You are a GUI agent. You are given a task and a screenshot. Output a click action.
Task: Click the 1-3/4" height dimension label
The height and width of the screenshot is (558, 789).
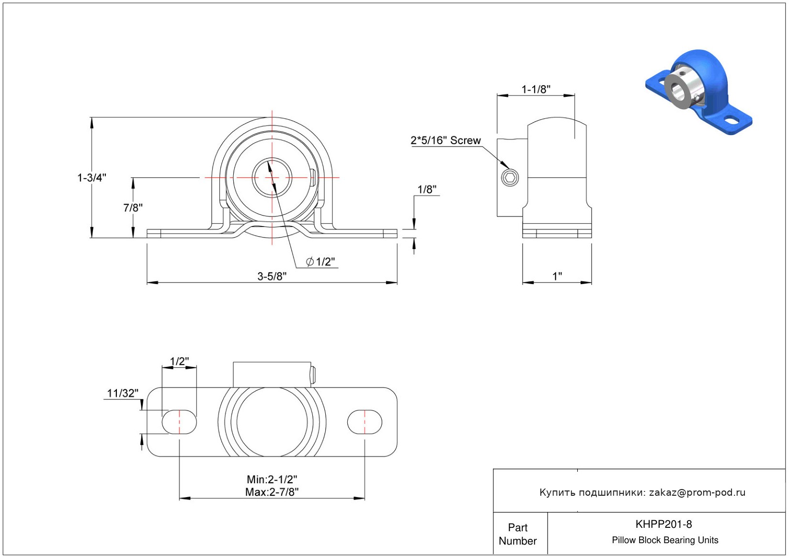91,178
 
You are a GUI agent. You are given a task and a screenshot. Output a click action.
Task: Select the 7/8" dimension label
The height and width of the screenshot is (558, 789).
133,208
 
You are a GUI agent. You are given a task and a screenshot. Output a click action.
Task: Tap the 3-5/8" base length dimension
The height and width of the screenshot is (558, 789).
272,276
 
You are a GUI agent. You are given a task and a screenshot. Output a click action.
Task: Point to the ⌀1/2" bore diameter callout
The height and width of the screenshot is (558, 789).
320,262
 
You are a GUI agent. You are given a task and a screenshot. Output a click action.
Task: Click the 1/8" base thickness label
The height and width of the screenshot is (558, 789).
427,190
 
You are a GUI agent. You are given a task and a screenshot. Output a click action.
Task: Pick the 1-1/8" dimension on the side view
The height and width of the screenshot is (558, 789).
536,89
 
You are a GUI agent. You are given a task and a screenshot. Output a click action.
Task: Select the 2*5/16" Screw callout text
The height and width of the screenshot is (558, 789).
446,140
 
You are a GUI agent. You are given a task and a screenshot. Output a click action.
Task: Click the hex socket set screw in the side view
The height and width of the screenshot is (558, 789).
510,178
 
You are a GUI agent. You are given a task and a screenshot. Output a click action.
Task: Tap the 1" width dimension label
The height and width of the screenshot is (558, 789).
557,276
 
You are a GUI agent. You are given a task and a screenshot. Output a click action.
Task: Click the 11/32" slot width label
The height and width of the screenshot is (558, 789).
122,393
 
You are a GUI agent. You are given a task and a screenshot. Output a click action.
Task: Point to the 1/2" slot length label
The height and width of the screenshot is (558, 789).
179,361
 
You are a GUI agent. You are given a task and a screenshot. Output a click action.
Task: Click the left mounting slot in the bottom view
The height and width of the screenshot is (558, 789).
179,422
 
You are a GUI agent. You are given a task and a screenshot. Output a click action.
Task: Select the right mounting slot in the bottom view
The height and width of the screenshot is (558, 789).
365,422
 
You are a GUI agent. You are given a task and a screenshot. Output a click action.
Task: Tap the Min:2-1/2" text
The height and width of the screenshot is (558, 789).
272,479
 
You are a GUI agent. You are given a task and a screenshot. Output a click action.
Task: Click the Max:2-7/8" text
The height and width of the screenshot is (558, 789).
272,492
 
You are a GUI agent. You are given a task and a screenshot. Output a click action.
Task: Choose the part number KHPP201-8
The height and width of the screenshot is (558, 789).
663,524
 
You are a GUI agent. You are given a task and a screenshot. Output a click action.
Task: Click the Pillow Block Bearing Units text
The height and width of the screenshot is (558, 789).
665,540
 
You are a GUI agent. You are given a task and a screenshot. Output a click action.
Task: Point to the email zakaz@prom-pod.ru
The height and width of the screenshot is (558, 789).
697,492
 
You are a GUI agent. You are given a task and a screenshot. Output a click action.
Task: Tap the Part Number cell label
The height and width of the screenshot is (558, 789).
517,534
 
